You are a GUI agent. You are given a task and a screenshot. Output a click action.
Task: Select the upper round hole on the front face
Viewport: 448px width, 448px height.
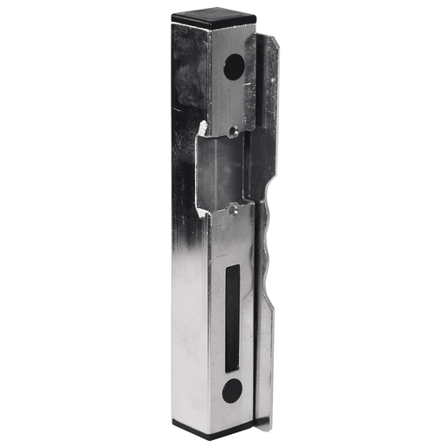[x=234, y=66]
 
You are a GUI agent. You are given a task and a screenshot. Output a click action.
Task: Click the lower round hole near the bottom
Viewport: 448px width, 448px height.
[x=231, y=390]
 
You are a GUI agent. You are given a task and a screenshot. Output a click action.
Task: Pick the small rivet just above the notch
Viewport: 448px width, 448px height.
[x=233, y=130]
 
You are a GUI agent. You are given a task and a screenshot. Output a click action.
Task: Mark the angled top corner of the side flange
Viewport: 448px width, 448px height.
[x=270, y=40]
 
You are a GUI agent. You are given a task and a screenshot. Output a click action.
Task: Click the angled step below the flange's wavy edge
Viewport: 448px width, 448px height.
[x=266, y=302]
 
